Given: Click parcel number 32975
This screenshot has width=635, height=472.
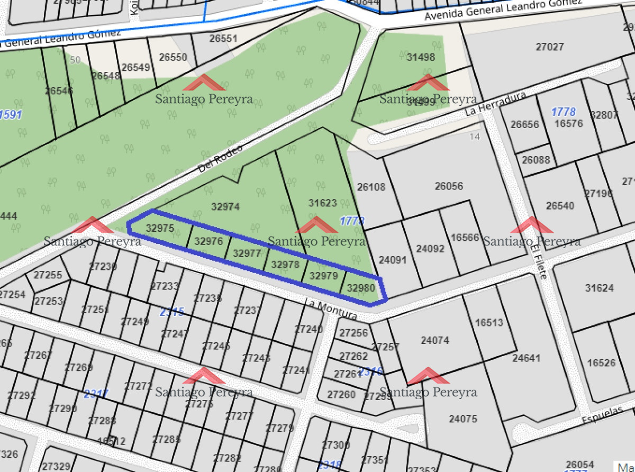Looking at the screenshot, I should pos(160,229).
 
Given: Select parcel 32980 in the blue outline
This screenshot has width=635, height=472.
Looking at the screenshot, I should pos(361,288).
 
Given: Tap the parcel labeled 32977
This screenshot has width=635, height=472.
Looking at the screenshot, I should pos(247,253).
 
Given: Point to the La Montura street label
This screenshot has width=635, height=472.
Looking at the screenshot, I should pos(331,310).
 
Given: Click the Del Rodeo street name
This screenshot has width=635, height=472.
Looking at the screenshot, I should pos(221,158).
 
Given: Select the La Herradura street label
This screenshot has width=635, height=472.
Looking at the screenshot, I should pos(495,104).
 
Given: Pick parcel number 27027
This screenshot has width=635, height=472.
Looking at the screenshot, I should pos(550,47).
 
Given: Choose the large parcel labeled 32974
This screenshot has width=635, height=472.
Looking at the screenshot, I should pos(225,207).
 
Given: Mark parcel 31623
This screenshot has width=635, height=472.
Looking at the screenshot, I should pos(323,202).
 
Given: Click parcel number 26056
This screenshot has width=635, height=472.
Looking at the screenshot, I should pos(449,186).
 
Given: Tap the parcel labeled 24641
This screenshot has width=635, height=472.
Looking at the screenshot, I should pos(527,358).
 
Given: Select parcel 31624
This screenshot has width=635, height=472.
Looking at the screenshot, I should pos(600,288).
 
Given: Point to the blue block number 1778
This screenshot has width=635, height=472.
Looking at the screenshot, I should pos(563,112).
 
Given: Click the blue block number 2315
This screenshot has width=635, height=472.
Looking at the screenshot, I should pos(172,312).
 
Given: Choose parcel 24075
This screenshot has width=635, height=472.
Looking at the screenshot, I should pos(463,419).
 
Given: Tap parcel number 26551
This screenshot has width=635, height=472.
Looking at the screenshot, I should pos(223,39).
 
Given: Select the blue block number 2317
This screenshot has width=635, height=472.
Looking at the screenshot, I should pos(96,394).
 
